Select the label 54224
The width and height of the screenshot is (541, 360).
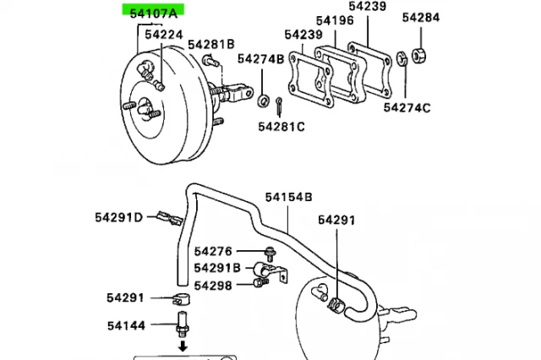click(x=163, y=35)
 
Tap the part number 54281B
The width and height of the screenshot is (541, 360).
click(x=211, y=44)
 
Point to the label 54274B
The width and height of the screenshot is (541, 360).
click(x=259, y=59)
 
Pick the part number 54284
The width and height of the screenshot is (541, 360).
click(x=420, y=17)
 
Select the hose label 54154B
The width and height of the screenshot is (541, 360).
click(x=290, y=197)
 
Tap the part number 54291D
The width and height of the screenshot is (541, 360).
click(x=119, y=217)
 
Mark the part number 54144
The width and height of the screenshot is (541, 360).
click(x=125, y=325)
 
